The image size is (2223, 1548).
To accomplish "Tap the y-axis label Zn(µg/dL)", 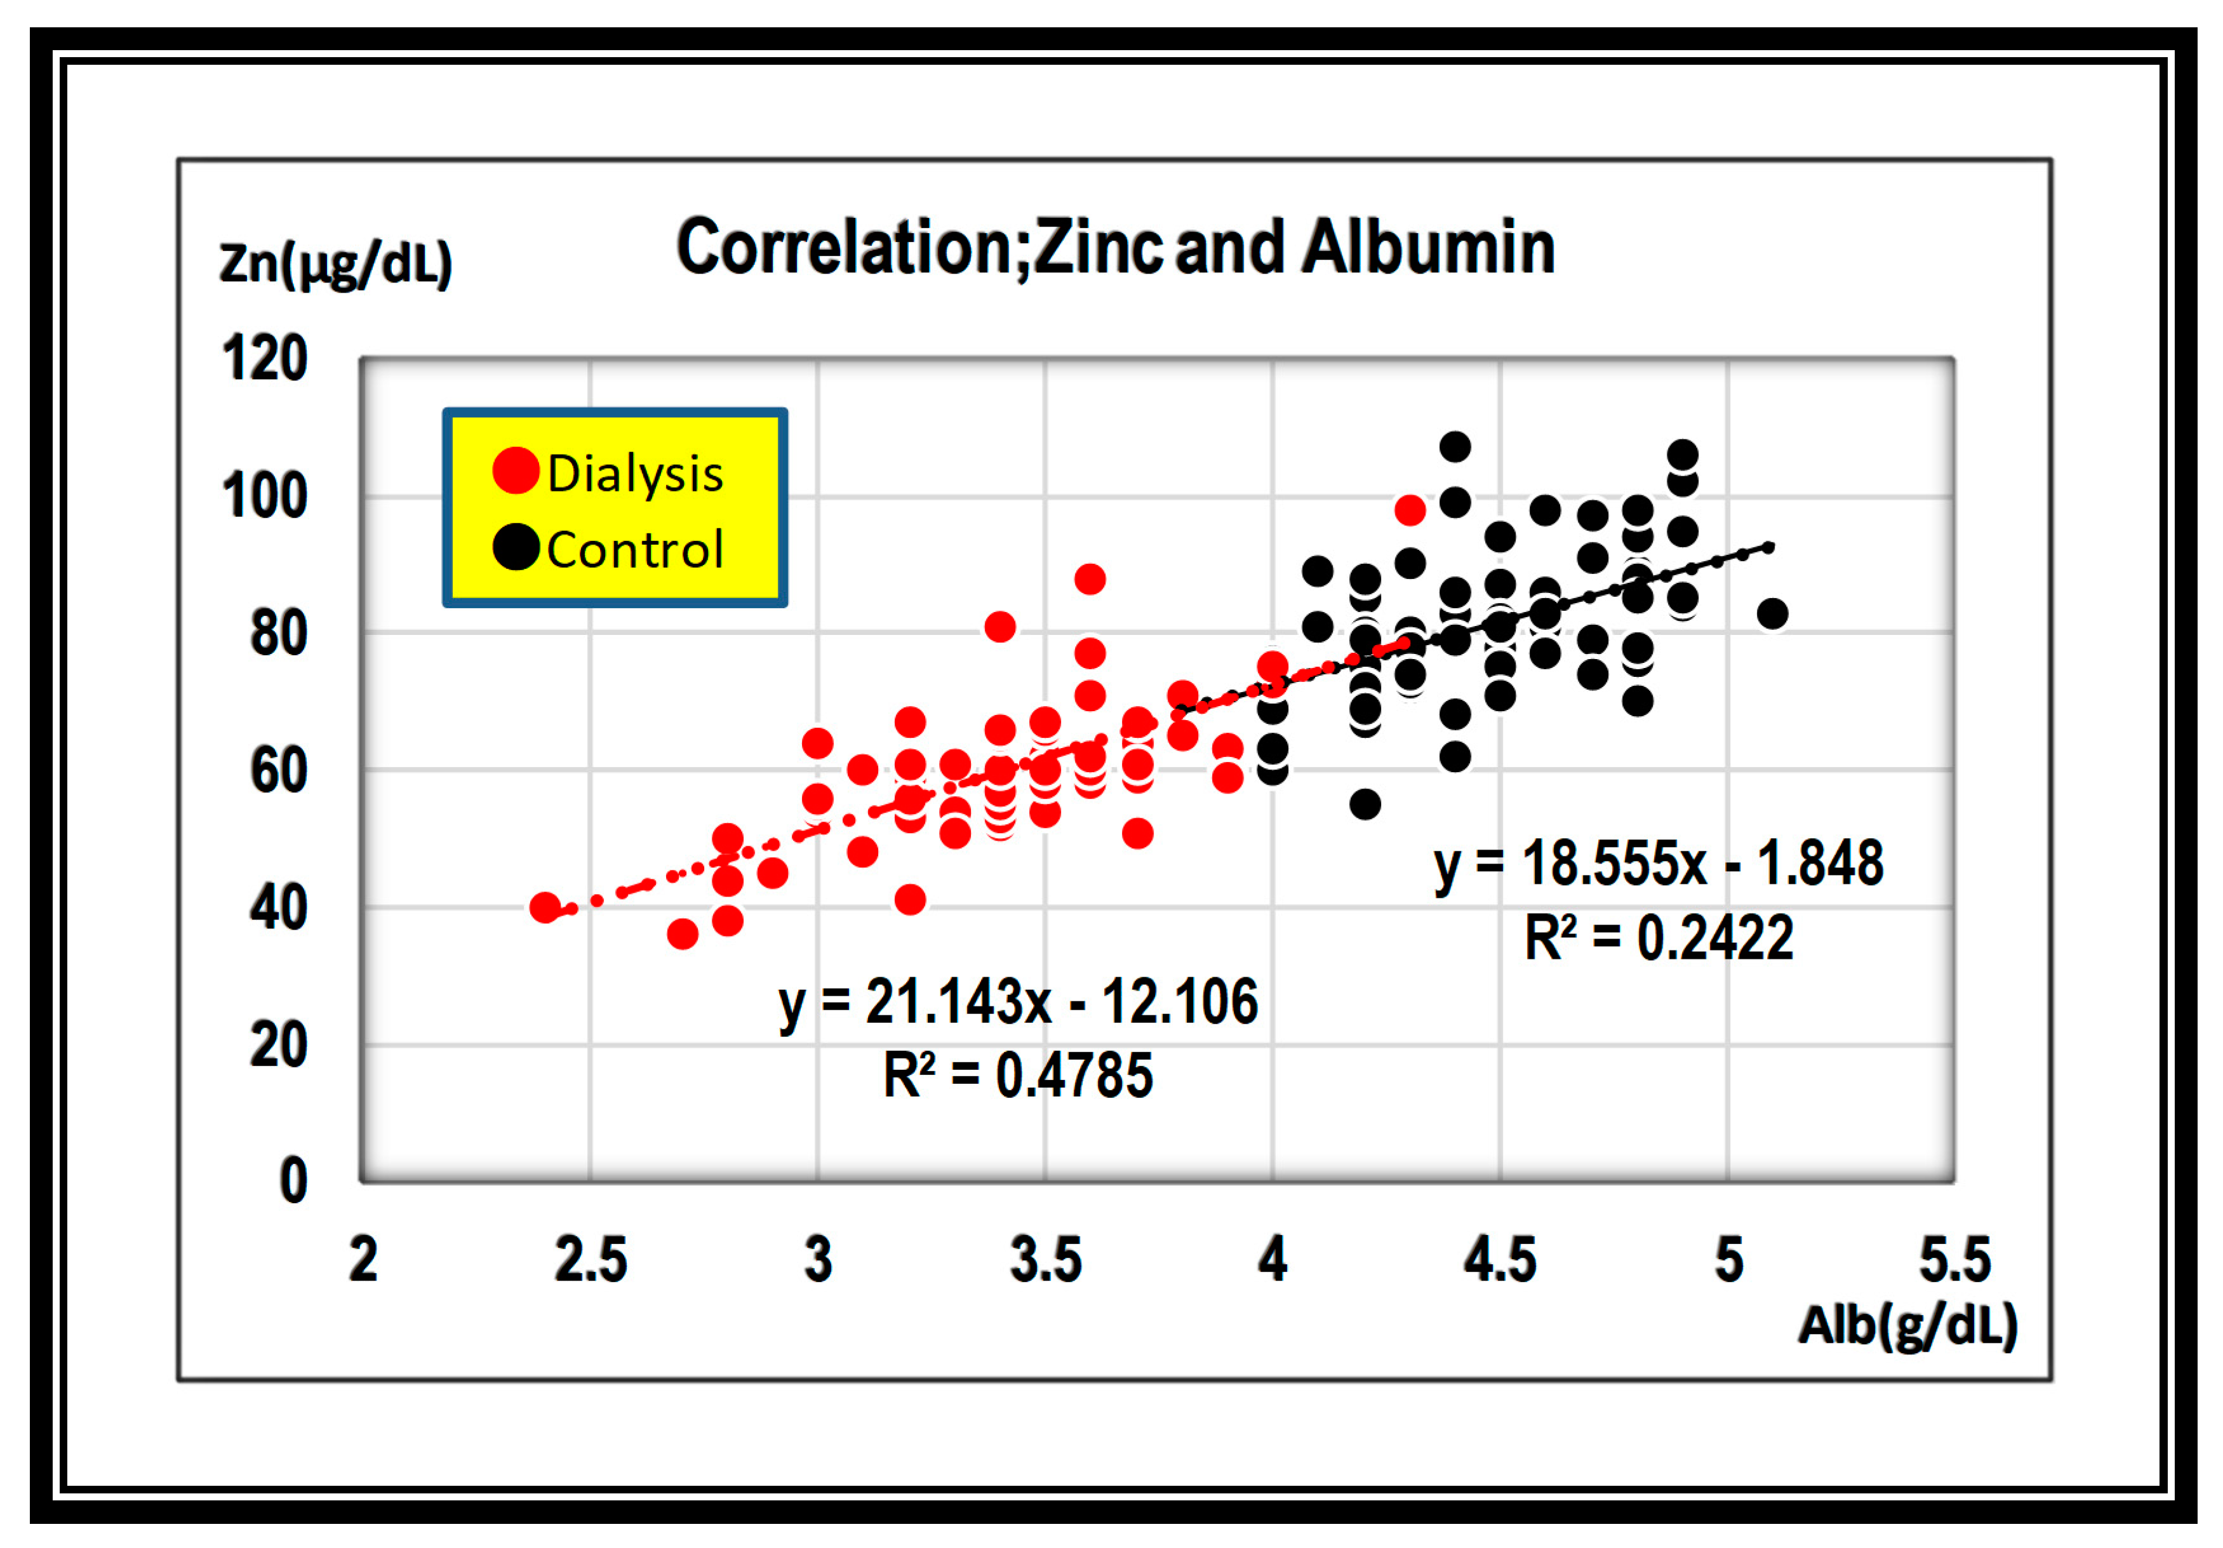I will tap(335, 264).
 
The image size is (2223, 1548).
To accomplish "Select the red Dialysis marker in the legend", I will tap(515, 470).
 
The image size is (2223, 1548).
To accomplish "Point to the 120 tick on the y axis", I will tap(264, 358).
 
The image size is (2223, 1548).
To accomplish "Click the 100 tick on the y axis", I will tap(264, 497).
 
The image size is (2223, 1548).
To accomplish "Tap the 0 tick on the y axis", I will tap(292, 1181).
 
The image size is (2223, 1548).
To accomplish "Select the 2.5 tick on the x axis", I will tap(590, 1260).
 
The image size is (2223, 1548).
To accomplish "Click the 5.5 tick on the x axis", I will tap(1954, 1260).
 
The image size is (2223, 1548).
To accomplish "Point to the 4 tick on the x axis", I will tap(1272, 1260).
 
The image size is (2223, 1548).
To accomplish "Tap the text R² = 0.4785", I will tap(1018, 1076).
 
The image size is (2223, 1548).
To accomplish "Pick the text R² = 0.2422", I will tap(1658, 938).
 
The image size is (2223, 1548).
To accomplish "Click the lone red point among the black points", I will tap(1410, 510).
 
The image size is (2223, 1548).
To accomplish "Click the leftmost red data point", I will tap(545, 907).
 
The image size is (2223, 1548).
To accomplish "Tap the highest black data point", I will tap(1454, 447).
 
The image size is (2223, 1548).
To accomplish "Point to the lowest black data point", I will tap(1365, 804).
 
